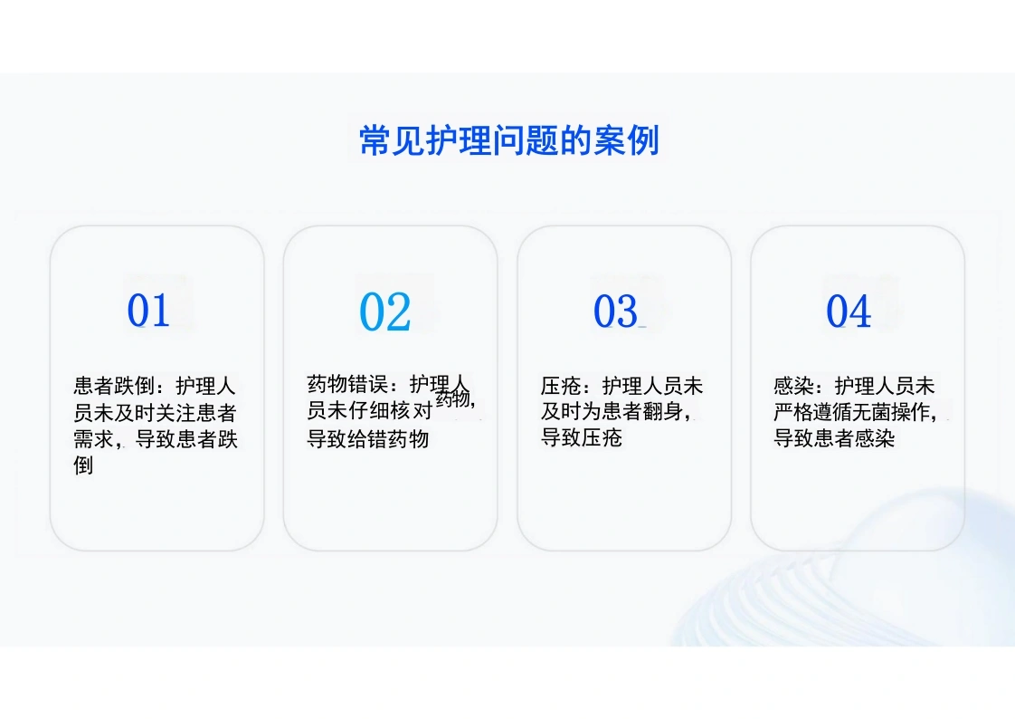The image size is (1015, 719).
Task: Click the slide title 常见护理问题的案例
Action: point(508,140)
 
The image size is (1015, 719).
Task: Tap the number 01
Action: point(148,311)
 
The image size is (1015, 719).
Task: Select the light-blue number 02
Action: point(384,312)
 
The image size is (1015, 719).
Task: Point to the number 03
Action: point(615,311)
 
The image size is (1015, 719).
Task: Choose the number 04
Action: point(849,311)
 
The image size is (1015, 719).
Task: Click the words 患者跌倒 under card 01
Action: point(114,386)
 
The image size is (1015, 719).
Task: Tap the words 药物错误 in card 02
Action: point(347,384)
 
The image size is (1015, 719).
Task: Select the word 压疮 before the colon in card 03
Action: point(561,386)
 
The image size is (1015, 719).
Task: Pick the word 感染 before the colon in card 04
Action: point(793,386)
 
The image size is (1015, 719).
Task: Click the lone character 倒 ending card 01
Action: point(83,465)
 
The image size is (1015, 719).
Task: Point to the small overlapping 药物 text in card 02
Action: point(453,399)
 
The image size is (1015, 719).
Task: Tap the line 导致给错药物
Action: point(367,438)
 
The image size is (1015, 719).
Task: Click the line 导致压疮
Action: point(582,438)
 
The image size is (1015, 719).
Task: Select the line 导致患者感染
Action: point(834,438)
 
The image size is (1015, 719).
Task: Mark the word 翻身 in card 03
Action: point(663,411)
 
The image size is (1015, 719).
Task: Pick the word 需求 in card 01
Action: point(94,439)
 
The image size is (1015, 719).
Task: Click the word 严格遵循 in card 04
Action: point(814,412)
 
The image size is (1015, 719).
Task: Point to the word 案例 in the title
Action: point(626,140)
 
